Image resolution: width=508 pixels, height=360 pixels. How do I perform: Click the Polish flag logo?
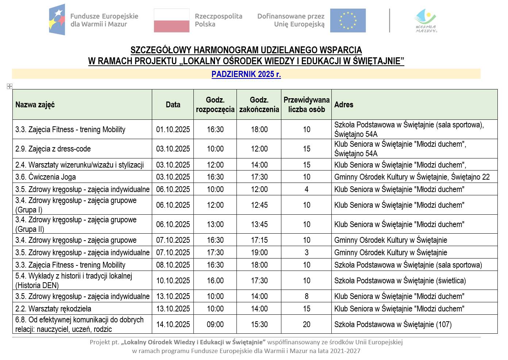[172, 20]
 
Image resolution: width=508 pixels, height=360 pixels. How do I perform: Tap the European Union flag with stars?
[348, 20]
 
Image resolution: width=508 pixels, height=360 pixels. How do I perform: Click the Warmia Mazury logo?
[426, 21]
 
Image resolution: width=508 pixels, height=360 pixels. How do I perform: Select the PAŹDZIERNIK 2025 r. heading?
[246, 74]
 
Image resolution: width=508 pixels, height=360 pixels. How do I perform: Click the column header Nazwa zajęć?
[35, 105]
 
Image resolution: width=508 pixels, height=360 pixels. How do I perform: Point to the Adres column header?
[344, 105]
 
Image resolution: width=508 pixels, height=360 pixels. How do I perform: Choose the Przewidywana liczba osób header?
[306, 105]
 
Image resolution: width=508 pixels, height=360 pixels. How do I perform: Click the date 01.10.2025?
[173, 130]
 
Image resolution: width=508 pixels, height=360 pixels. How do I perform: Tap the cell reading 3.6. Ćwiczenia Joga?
[46, 177]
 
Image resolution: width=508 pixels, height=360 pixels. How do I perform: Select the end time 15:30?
[259, 325]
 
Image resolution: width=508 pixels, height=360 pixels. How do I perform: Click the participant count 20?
[306, 325]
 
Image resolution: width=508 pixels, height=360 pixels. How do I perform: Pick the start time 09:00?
[215, 325]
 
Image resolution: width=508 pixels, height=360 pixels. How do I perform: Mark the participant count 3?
[306, 253]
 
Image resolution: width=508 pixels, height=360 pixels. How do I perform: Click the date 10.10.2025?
[173, 281]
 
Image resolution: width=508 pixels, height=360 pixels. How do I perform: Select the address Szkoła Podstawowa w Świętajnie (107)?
[393, 325]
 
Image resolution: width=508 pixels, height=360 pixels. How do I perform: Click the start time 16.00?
[215, 281]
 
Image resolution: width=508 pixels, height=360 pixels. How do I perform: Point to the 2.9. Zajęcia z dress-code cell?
[53, 149]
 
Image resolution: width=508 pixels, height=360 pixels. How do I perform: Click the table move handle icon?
[9, 86]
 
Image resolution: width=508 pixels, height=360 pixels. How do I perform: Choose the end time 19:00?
[259, 253]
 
